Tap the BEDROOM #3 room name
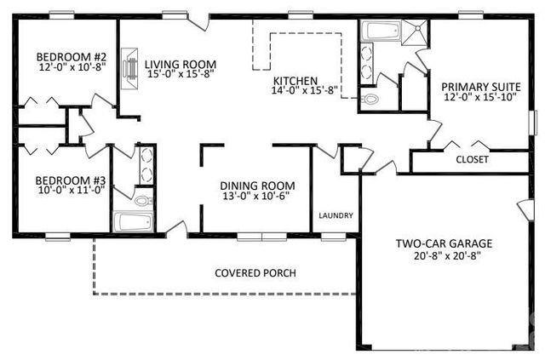[59, 180]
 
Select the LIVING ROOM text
[180, 64]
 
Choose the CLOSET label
[472, 159]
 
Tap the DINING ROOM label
[257, 186]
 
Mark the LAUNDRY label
[336, 215]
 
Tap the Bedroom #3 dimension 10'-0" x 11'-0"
[59, 191]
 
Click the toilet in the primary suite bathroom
[370, 99]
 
